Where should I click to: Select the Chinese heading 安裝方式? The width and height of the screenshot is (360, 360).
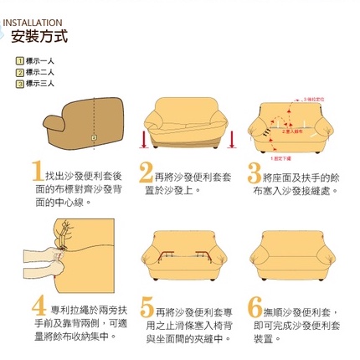click(x=39, y=38)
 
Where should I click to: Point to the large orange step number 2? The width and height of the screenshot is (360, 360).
click(x=146, y=173)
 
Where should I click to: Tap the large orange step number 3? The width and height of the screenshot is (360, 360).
click(x=255, y=173)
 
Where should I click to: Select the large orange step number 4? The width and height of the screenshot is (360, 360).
click(x=39, y=305)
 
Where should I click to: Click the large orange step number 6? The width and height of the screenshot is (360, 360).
click(x=255, y=306)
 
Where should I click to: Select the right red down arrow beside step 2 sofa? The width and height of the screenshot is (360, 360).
click(x=229, y=136)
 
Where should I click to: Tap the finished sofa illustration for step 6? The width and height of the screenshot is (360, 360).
click(x=291, y=250)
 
